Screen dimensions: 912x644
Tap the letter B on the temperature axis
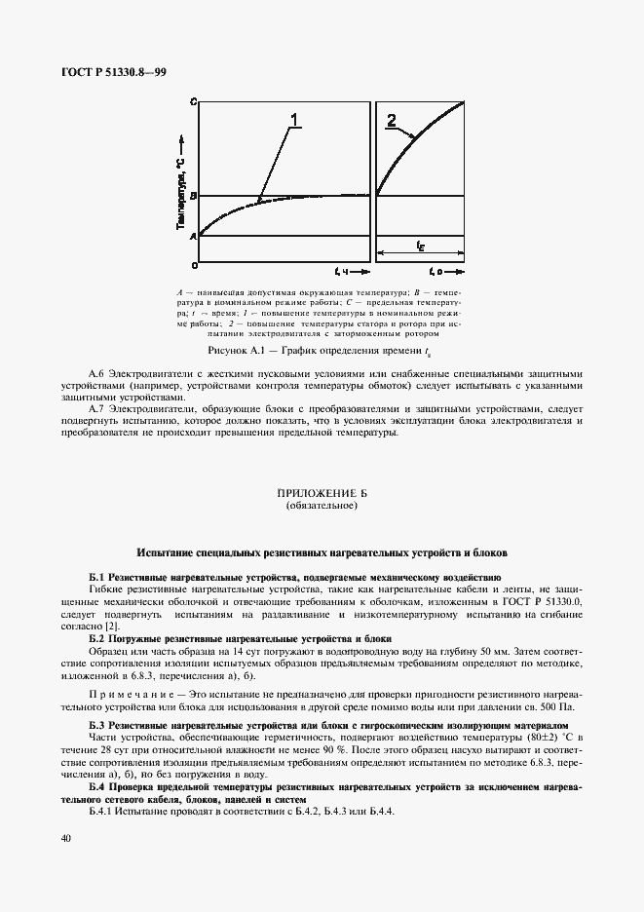click(194, 196)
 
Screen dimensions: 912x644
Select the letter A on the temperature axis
click(194, 235)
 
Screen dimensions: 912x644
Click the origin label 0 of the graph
click(194, 264)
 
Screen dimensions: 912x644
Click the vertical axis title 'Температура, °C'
click(182, 194)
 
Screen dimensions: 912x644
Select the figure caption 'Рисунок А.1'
click(243, 350)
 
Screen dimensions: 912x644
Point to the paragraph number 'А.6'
click(95, 374)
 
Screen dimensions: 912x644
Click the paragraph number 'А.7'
click(95, 408)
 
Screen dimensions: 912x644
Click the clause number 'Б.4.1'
click(102, 814)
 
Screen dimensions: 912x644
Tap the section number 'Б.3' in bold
click(95, 726)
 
